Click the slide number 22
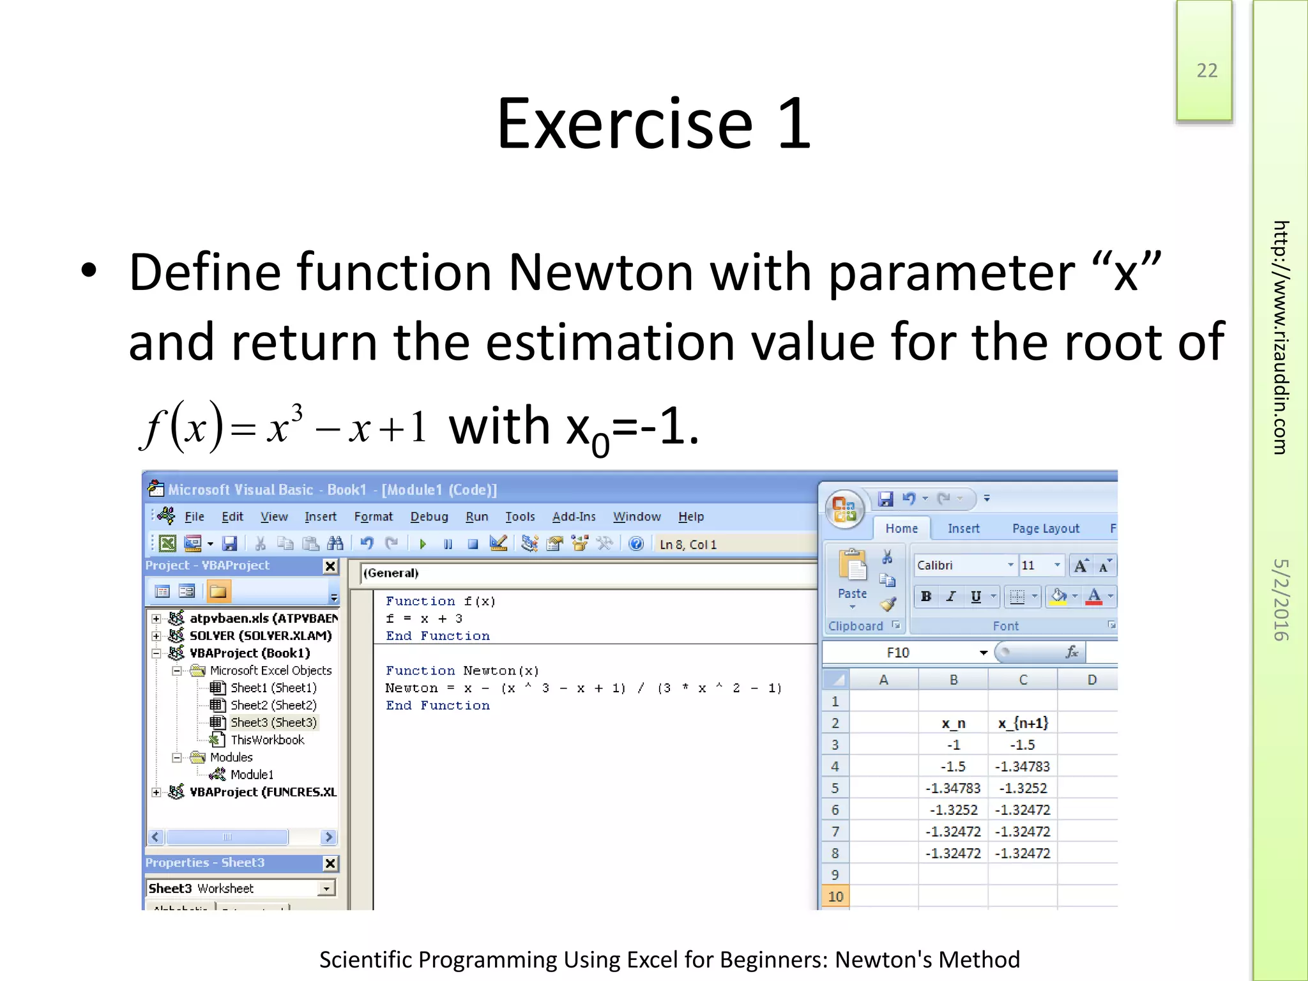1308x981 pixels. [x=1206, y=70]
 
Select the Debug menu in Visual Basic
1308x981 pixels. [x=429, y=517]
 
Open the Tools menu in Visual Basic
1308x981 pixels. [x=520, y=517]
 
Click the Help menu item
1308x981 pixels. [x=690, y=517]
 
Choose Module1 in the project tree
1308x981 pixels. [x=252, y=775]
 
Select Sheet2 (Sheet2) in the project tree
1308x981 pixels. [x=273, y=705]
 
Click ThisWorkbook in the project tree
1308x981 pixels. [x=267, y=740]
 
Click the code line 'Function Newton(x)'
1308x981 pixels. [x=462, y=671]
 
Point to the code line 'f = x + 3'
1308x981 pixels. [x=423, y=618]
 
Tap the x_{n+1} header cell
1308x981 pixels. [x=1023, y=723]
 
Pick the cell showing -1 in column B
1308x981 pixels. [x=953, y=745]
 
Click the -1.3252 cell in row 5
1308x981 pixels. [x=1023, y=788]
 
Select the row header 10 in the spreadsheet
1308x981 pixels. [x=835, y=896]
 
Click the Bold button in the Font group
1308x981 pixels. [x=925, y=597]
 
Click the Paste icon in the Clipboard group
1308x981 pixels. [x=852, y=568]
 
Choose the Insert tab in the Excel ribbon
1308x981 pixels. [x=963, y=529]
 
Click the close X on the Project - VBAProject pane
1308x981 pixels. [x=330, y=566]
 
